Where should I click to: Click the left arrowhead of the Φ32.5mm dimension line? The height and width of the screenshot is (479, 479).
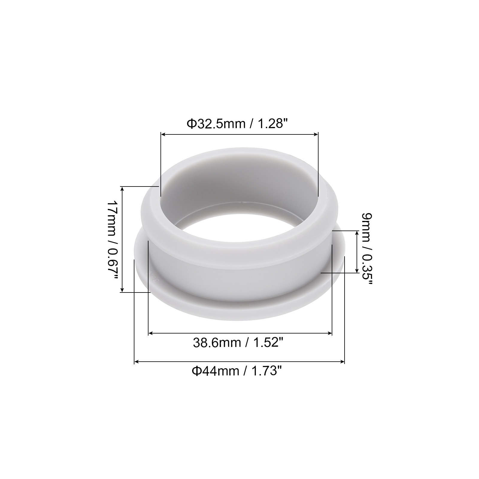[x=163, y=135]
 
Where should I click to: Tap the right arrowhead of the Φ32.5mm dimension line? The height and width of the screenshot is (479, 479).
[x=316, y=135]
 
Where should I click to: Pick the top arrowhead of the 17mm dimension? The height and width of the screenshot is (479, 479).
[x=122, y=189]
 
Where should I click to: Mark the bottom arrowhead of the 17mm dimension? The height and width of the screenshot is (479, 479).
[x=122, y=289]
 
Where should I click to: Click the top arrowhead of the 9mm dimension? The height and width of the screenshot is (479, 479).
[x=357, y=233]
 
